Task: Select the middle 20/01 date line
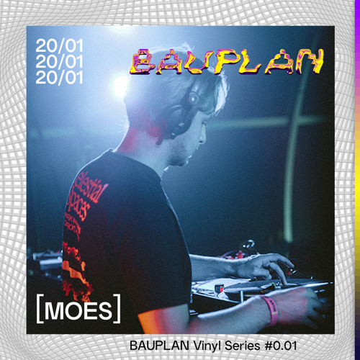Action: (x=60, y=62)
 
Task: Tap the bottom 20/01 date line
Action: (x=60, y=77)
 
